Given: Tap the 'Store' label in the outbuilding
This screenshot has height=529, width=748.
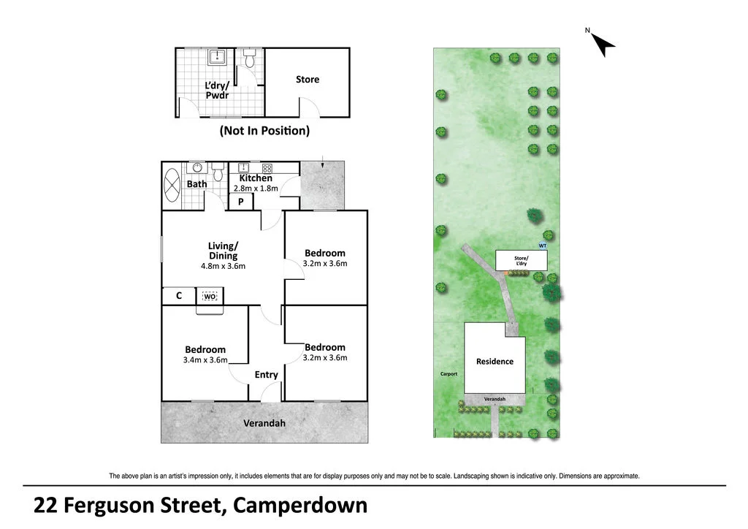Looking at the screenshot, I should tap(308, 80).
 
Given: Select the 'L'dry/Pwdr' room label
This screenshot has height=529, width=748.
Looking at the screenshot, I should tap(218, 91).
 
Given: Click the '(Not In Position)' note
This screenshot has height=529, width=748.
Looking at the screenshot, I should tap(264, 131).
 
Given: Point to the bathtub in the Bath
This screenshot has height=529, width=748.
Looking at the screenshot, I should tap(173, 185).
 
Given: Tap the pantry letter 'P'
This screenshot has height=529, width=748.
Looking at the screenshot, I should tap(240, 202).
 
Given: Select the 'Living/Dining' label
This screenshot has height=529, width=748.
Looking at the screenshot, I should tap(223, 251).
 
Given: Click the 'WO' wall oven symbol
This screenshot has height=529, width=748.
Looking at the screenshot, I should tap(210, 296).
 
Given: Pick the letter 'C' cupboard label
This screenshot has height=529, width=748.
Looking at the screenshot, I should tap(178, 296).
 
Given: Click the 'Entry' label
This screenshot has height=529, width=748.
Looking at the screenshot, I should tap(266, 375).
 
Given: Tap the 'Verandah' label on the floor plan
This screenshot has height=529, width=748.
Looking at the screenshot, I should tap(264, 423).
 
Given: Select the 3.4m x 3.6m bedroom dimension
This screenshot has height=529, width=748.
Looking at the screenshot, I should tap(205, 359).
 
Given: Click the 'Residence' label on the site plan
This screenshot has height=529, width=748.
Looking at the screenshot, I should tap(495, 362).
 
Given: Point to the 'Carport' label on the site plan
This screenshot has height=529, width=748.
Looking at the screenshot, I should tap(449, 374).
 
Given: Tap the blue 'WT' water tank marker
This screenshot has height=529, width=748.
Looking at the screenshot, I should tap(543, 246).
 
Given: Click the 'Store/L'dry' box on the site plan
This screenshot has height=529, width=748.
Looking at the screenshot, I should tap(522, 260).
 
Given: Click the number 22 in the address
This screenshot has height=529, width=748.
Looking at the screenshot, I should tap(45, 506).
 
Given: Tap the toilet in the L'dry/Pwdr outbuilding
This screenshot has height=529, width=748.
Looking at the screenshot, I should tap(249, 59).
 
